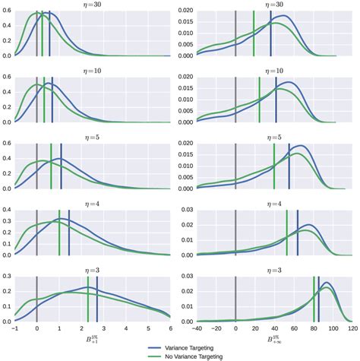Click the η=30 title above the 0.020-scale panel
point(274,5)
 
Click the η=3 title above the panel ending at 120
point(274,270)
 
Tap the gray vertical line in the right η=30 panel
point(235,34)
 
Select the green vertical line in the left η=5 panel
point(51,166)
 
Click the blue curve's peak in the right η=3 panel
point(327,284)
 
